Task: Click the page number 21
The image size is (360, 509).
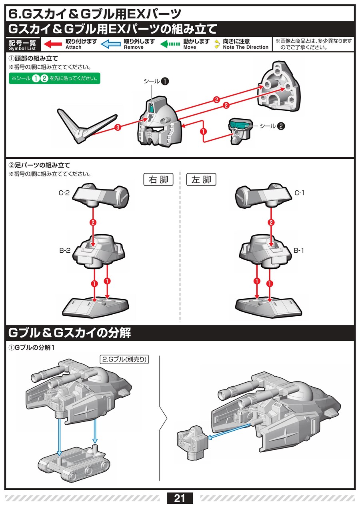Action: click(180, 498)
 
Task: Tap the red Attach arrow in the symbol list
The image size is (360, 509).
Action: click(52, 44)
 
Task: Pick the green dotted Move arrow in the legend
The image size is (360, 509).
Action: click(170, 44)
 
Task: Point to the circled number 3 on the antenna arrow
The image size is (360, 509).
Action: click(117, 128)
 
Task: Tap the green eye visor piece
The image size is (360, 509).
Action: click(240, 125)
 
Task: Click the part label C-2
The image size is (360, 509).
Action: click(64, 193)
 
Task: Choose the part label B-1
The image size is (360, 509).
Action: click(299, 251)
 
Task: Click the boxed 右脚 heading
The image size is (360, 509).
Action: click(158, 180)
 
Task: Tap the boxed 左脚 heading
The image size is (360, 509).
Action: click(201, 180)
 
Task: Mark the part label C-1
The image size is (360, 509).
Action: click(300, 193)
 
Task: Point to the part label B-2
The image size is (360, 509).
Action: click(65, 251)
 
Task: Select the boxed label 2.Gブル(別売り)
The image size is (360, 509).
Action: click(124, 359)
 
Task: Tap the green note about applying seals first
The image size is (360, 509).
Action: click(54, 78)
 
